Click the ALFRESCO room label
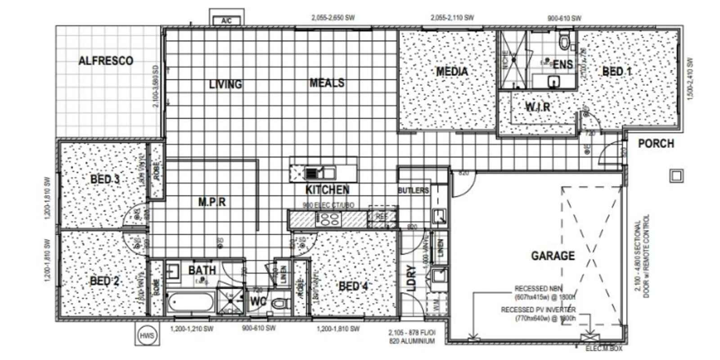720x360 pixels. tap(106, 61)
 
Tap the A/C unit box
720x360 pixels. tap(226, 21)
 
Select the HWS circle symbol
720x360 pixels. tap(147, 336)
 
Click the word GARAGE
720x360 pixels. tap(553, 256)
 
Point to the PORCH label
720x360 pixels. tap(656, 144)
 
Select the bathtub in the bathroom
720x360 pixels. tap(191, 303)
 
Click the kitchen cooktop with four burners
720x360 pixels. tap(329, 219)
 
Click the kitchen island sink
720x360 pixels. tap(314, 172)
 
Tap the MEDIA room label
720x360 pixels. tap(452, 71)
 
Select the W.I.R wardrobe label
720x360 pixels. tap(538, 107)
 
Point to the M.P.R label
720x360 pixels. tap(212, 202)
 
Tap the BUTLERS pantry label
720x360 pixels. tap(413, 190)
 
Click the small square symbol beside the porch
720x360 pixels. tap(676, 175)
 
